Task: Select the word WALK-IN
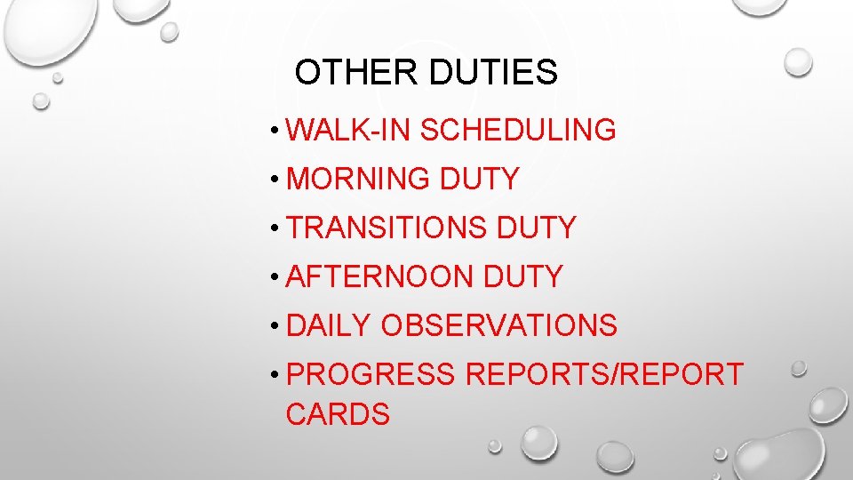click(349, 130)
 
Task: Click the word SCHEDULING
click(518, 130)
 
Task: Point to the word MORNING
click(359, 179)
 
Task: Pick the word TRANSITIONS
click(387, 228)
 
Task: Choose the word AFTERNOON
click(380, 276)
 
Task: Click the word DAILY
click(328, 325)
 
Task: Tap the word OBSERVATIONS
click(498, 325)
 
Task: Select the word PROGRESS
click(371, 374)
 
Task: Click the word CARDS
click(338, 414)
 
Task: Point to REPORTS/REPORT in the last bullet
click(604, 374)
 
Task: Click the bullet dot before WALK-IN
click(278, 132)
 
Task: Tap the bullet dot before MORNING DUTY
click(278, 180)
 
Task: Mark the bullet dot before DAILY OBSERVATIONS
click(278, 327)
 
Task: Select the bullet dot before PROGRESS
click(278, 376)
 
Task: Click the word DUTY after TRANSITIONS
click(537, 228)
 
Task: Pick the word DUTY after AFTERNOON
click(523, 276)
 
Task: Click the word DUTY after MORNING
click(479, 179)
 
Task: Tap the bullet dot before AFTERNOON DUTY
click(278, 278)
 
